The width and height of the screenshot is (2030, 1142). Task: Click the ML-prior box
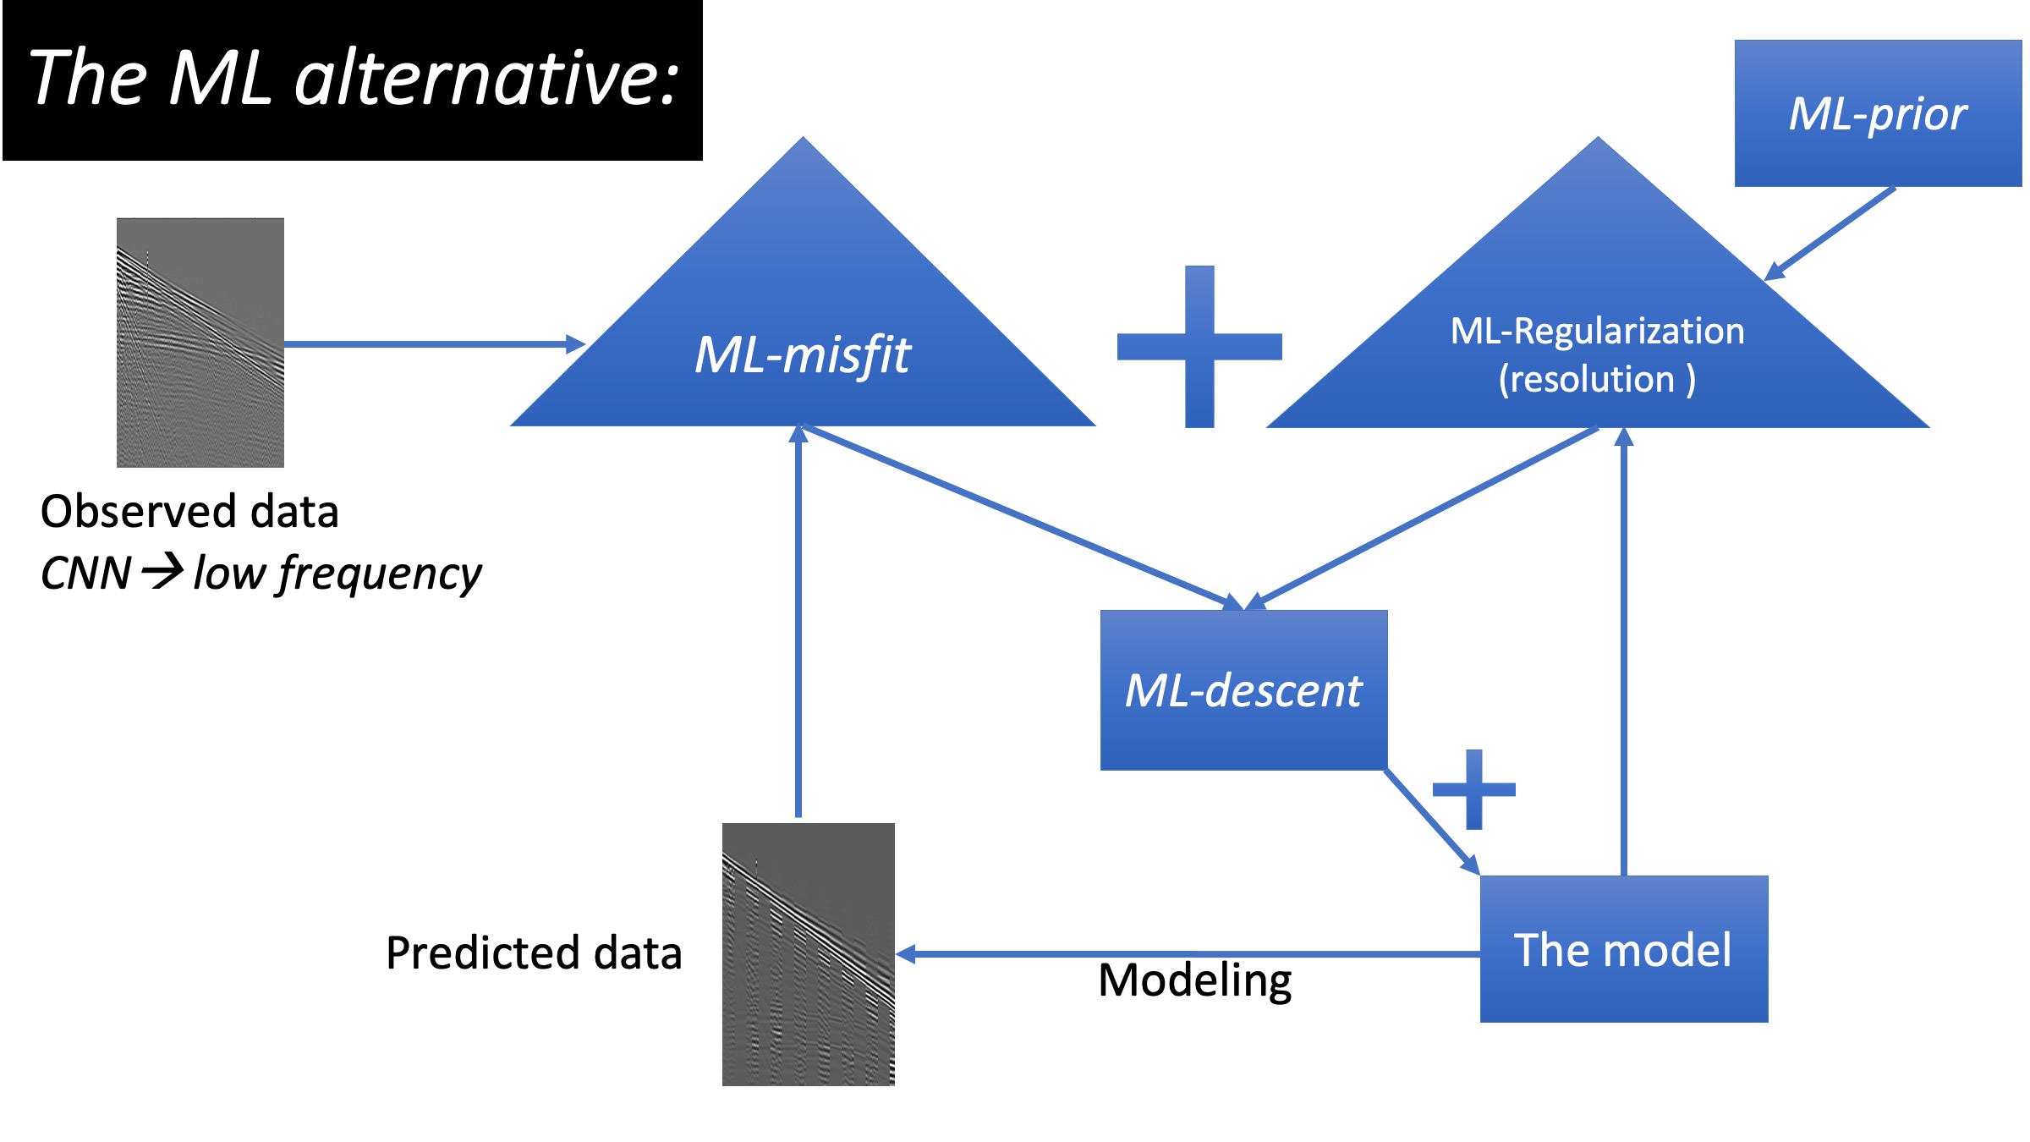coord(1878,113)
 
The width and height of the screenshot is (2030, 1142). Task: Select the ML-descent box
coord(1243,690)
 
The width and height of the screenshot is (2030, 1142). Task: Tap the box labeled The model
coord(1623,949)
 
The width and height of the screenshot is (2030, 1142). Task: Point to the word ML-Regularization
coord(1597,331)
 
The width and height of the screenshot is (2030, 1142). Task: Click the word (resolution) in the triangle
coord(1597,379)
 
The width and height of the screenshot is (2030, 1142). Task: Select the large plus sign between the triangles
coord(1199,347)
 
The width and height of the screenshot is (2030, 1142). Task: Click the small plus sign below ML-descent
coord(1474,789)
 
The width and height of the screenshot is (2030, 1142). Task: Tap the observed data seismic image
coord(200,343)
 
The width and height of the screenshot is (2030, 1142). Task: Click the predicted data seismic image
coord(809,954)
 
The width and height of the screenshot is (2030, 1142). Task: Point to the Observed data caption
coord(189,512)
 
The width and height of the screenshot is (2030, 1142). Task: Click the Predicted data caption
coord(534,953)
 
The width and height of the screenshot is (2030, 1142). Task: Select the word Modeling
coord(1194,981)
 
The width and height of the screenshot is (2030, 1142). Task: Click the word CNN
coord(85,574)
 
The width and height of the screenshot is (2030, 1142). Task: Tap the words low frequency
coord(337,574)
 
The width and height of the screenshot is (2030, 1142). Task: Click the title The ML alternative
coord(353,78)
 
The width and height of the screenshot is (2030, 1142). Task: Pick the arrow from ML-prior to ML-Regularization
coord(1830,233)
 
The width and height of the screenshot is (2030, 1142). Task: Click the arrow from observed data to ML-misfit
coord(431,343)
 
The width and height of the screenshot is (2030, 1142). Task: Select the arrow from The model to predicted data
coord(1184,954)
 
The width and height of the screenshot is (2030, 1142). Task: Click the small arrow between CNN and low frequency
coord(162,571)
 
